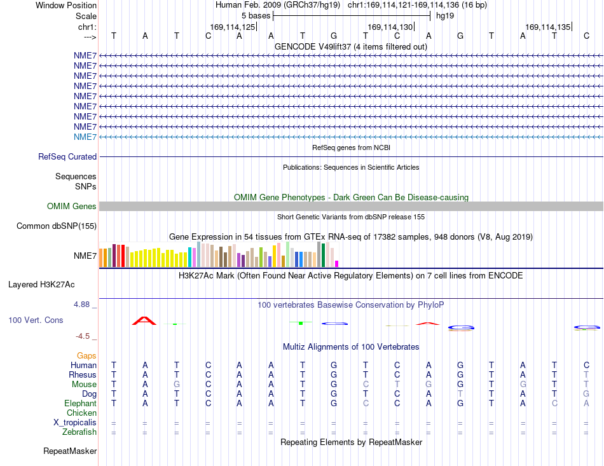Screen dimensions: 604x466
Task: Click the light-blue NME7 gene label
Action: [x=85, y=137]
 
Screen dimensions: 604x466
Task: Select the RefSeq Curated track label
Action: [x=67, y=157]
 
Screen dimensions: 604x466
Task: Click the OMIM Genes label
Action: [x=72, y=207]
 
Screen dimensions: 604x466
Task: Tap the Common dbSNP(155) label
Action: [x=57, y=226]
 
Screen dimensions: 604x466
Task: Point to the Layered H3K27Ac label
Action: [x=41, y=285]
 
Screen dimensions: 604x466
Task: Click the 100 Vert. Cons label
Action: [x=36, y=320]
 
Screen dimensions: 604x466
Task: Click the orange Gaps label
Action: [x=86, y=356]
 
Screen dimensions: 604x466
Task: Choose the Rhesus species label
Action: [x=83, y=374]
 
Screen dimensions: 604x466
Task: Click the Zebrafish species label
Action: [x=79, y=432]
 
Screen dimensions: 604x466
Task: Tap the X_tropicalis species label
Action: [x=75, y=423]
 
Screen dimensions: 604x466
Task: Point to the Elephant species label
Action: [x=81, y=404]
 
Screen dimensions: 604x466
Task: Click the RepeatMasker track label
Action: [x=70, y=451]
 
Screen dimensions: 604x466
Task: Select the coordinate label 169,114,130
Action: [x=390, y=27]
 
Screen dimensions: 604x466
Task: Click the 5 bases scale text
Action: [x=256, y=16]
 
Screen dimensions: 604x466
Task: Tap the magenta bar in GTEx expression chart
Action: [x=337, y=264]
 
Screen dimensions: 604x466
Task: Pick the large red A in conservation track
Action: [x=144, y=320]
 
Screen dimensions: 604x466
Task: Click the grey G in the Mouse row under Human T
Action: [x=176, y=385]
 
